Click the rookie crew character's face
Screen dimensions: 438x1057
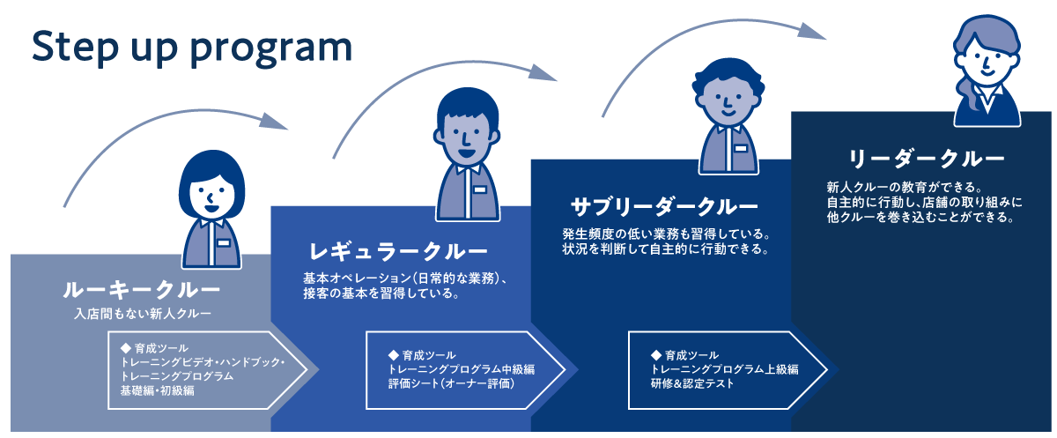[211, 197]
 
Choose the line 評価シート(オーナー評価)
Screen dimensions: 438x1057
[450, 384]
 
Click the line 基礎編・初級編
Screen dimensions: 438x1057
[157, 390]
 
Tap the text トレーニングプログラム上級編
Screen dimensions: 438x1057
[724, 369]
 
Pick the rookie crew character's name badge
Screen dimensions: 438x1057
[223, 242]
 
